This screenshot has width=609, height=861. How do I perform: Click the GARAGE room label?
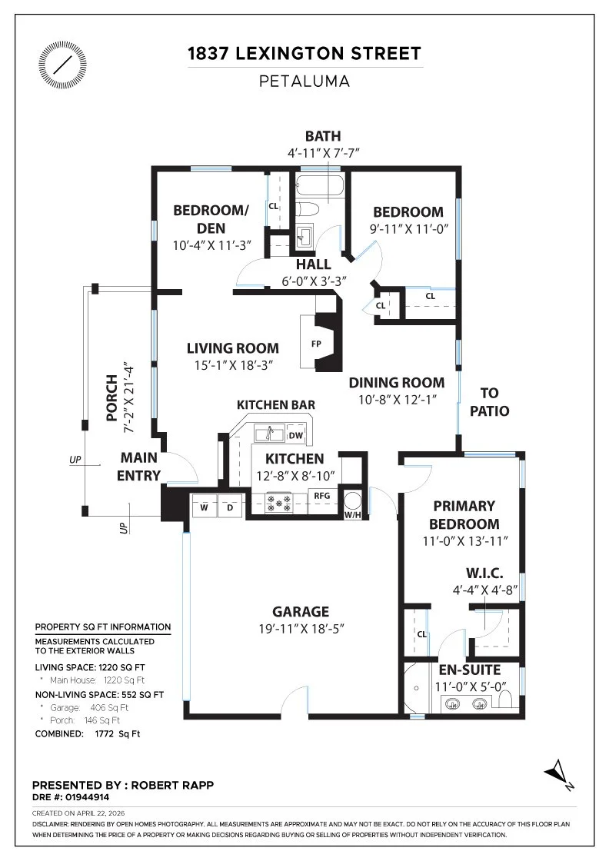coord(301,611)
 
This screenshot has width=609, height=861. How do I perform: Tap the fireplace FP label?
coord(316,344)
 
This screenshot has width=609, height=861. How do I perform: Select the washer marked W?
coord(204,507)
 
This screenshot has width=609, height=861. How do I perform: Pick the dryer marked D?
coord(230,507)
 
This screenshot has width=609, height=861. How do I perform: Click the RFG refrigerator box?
coord(321,500)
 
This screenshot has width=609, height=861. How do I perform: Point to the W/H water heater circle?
coord(352,500)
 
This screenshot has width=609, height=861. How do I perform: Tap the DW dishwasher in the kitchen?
coord(295,435)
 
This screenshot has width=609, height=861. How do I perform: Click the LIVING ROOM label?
coord(233,348)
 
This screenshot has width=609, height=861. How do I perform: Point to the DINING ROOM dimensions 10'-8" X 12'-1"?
coord(397,400)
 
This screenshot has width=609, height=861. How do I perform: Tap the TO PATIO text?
coord(489,402)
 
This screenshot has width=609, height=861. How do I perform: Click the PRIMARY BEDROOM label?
coord(464,514)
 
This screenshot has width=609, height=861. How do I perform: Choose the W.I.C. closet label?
coord(485,573)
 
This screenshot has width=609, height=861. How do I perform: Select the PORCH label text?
coord(112,397)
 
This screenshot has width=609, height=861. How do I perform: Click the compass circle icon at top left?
coord(62,65)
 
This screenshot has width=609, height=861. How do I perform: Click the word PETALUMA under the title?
coord(304,81)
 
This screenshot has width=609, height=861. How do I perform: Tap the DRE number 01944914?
coord(88,797)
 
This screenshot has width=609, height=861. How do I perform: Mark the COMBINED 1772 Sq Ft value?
coord(118,733)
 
